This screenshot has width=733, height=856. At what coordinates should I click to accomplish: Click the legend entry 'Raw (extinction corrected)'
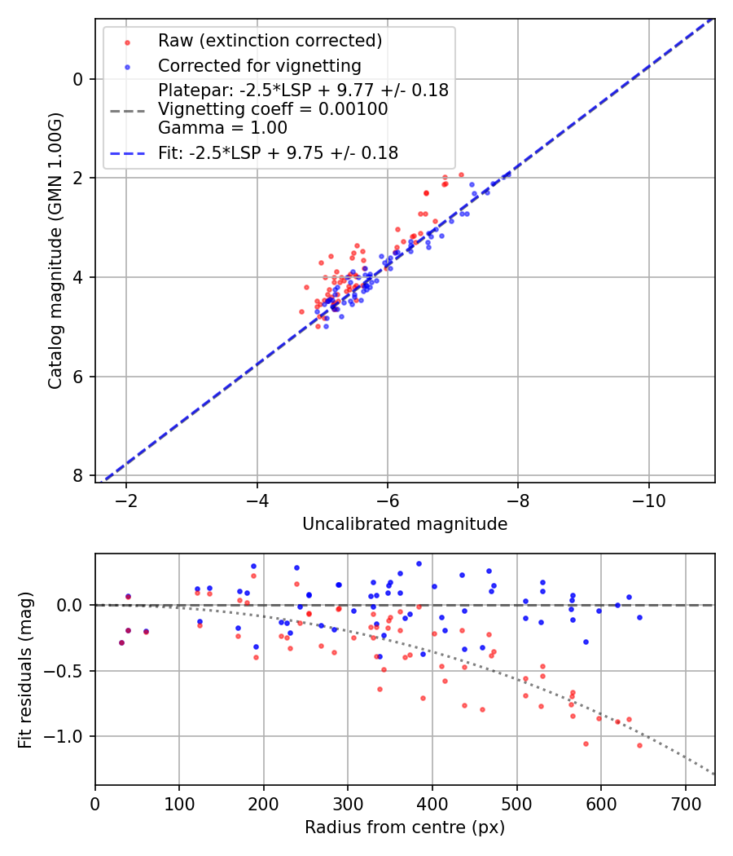click(270, 40)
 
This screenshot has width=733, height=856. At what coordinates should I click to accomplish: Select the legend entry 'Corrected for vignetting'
click(259, 65)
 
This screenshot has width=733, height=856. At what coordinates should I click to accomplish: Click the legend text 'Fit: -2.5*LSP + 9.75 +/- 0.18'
click(278, 152)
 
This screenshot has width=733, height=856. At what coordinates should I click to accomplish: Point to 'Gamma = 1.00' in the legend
click(222, 127)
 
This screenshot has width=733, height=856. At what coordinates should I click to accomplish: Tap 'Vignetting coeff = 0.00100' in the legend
click(273, 109)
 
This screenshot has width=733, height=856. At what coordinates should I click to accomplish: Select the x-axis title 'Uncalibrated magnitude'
click(405, 524)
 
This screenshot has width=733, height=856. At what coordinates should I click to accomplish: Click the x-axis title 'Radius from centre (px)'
click(405, 827)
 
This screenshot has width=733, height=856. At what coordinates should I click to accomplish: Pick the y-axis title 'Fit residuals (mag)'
click(25, 669)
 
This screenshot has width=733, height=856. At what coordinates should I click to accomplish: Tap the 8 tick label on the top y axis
click(77, 475)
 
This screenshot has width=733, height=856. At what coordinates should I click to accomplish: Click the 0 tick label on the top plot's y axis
click(77, 79)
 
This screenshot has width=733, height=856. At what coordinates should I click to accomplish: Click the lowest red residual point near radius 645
click(639, 745)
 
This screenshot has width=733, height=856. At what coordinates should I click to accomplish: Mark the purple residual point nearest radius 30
click(121, 642)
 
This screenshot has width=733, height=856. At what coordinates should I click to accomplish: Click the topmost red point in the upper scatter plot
click(461, 174)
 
